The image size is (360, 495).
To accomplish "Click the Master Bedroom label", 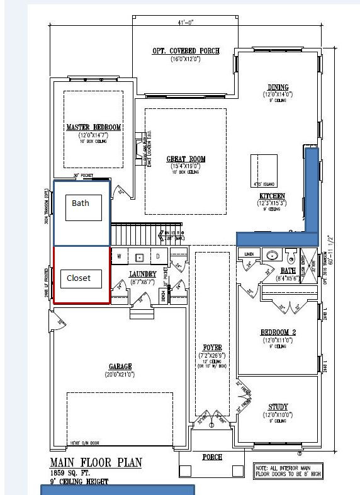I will tap(93, 127).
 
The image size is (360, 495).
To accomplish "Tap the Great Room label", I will tap(186, 159).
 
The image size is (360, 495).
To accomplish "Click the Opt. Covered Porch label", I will tap(186, 51).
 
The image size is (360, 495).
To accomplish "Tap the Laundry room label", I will tap(142, 274).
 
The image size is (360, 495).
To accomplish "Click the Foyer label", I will tap(212, 347).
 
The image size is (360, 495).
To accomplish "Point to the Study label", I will tap(278, 407).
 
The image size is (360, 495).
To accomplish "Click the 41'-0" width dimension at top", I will tap(186, 23).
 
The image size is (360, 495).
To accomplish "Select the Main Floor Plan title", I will tap(96, 463).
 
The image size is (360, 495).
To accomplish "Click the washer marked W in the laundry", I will tap(118, 256).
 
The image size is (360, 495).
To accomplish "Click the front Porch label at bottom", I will tap(212, 457).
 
